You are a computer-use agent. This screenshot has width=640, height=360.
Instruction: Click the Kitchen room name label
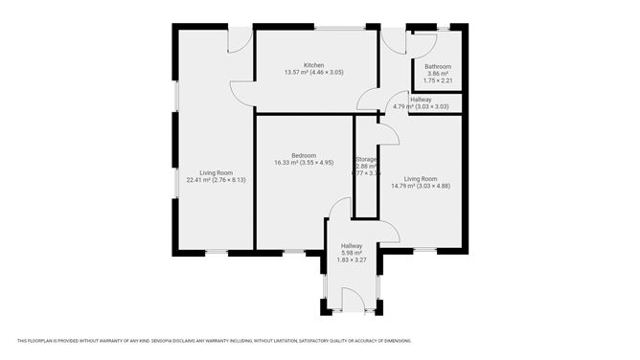click(x=313, y=64)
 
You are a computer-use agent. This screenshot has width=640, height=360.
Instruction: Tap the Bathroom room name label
click(x=437, y=66)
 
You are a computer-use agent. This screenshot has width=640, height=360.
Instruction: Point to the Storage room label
click(x=366, y=159)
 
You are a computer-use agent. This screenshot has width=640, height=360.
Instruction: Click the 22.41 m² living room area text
click(x=217, y=180)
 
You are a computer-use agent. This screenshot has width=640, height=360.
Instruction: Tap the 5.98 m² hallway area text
click(x=352, y=253)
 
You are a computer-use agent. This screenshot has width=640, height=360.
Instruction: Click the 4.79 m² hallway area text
click(x=420, y=106)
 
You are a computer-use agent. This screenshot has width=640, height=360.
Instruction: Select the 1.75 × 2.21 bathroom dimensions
click(x=437, y=81)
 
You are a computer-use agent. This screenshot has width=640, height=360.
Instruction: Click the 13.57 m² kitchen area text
click(x=313, y=72)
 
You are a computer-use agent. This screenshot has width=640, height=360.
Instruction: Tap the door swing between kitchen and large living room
click(x=242, y=94)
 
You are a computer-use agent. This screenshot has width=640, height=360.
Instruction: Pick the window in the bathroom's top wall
click(x=441, y=26)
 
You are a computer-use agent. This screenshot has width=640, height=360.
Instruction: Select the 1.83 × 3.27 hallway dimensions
click(x=352, y=260)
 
